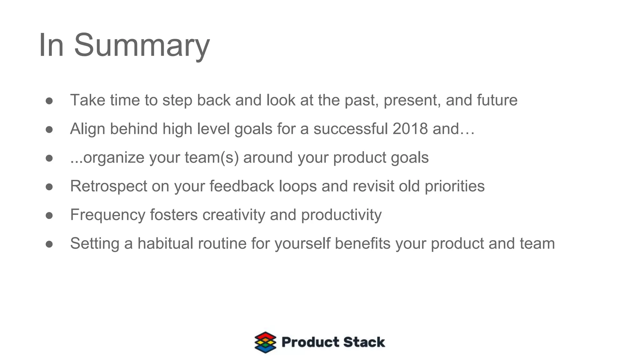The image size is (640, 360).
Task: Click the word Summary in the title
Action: (142, 45)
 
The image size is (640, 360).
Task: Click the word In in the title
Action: (51, 45)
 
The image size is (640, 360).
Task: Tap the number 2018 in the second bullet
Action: (410, 129)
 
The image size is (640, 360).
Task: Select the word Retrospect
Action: (108, 186)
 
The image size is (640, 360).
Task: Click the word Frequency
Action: (108, 215)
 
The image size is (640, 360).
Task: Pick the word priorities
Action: (454, 186)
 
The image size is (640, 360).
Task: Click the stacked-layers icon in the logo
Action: (265, 342)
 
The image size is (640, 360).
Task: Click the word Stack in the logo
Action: (364, 342)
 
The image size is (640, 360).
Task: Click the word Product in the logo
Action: (310, 342)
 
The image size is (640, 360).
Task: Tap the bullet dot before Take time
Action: (49, 101)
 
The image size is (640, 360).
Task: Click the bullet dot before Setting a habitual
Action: (49, 244)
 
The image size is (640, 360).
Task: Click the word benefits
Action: (362, 243)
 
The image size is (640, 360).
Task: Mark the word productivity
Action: (341, 215)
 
